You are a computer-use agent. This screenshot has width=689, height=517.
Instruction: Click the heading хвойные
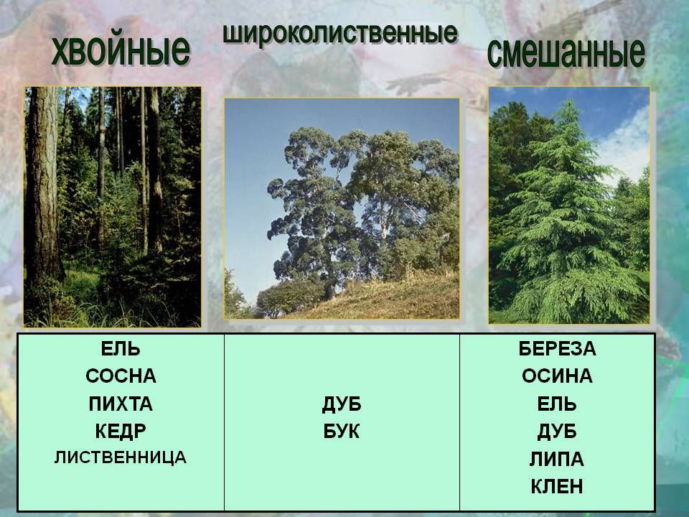121,51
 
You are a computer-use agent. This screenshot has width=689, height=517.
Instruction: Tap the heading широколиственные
340,34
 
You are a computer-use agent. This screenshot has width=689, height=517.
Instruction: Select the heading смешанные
566,52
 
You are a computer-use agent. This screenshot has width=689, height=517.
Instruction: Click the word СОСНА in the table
121,376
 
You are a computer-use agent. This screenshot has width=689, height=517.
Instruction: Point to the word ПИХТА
121,404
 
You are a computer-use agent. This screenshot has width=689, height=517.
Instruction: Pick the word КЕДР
121,432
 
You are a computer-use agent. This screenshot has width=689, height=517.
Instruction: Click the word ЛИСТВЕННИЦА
121,457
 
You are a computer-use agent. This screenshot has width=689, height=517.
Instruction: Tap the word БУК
342,432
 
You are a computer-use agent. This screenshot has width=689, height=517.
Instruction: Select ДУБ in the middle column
342,404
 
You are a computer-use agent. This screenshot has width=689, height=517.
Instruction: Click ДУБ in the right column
557,432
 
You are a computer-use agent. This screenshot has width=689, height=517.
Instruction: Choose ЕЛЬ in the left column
121,349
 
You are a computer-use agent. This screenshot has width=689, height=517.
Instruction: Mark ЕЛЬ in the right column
557,404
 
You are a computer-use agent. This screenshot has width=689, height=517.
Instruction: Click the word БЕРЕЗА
557,349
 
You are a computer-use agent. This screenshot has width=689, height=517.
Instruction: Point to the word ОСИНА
557,376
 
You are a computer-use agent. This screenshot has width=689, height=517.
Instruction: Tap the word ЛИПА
557,460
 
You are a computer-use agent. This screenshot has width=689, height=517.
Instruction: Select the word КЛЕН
557,487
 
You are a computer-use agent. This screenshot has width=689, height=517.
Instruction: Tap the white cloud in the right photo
624,145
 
